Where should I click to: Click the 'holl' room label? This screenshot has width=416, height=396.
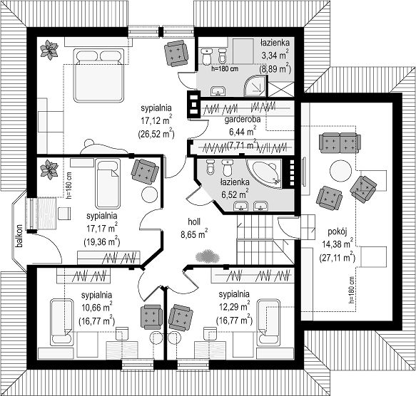(x=194, y=222)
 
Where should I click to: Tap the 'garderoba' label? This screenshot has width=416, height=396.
(x=243, y=120)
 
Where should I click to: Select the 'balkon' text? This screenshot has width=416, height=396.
(x=19, y=236)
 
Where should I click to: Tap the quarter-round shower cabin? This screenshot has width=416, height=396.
(x=255, y=85)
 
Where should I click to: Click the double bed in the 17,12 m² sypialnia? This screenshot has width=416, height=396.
(x=99, y=75)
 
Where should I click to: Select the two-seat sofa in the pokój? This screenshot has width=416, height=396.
(x=340, y=143)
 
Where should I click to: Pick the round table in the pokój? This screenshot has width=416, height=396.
(x=340, y=171)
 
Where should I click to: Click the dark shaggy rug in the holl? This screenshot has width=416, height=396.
(x=208, y=256)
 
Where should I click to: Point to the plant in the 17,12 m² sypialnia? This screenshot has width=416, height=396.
(x=49, y=50)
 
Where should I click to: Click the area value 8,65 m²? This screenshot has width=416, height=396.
(x=194, y=234)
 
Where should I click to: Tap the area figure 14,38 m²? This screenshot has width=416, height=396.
(x=338, y=244)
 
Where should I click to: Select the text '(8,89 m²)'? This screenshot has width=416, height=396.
(x=275, y=69)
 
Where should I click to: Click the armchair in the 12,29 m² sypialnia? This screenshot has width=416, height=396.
(x=181, y=318)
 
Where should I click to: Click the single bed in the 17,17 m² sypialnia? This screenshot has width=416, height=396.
(x=108, y=184)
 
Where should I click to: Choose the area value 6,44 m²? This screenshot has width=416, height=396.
(x=243, y=131)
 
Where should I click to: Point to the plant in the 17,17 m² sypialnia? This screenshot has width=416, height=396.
(x=49, y=170)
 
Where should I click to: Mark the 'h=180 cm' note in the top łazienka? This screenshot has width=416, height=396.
(x=225, y=69)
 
